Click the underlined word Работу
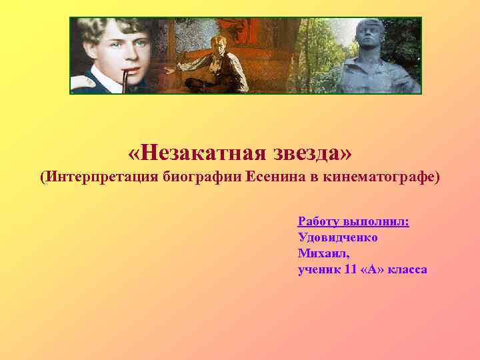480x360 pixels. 318,221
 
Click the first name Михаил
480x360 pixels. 323,253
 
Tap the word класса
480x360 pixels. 409,269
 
